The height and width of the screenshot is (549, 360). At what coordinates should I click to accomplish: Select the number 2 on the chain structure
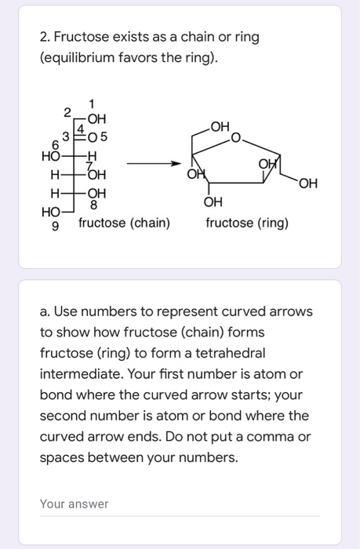pos(68,111)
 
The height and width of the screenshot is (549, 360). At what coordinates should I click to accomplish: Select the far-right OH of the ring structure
pos(308,184)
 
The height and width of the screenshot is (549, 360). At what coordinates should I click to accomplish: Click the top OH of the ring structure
pos(221,125)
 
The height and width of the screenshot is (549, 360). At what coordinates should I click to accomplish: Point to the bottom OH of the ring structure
pos(213,202)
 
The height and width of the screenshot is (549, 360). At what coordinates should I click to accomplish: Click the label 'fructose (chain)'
pos(124,224)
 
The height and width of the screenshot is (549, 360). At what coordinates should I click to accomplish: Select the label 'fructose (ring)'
pos(247,224)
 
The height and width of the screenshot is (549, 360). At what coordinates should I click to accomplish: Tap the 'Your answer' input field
pos(180,504)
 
